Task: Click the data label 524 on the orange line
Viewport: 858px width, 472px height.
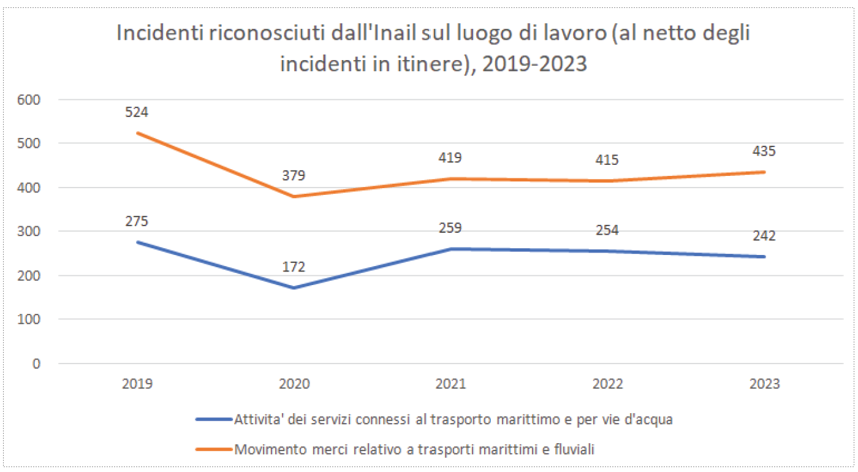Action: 137,112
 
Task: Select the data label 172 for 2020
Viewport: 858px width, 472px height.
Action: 294,267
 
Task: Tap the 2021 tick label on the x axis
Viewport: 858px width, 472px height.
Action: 450,384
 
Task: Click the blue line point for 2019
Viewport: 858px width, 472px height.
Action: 137,242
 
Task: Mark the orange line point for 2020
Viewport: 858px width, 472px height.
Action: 294,197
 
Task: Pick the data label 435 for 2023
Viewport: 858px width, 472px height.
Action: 764,151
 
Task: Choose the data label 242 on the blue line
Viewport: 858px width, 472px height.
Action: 764,236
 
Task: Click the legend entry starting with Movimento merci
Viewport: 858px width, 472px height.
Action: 415,449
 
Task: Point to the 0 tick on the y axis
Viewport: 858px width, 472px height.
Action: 36,364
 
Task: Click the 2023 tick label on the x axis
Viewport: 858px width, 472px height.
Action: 764,384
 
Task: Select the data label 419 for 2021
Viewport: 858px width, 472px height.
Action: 450,158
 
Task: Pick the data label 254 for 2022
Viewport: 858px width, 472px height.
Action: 607,230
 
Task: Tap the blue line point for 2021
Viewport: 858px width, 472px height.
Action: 450,249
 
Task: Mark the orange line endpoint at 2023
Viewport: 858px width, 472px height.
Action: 764,172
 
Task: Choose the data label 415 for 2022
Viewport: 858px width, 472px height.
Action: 607,160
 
